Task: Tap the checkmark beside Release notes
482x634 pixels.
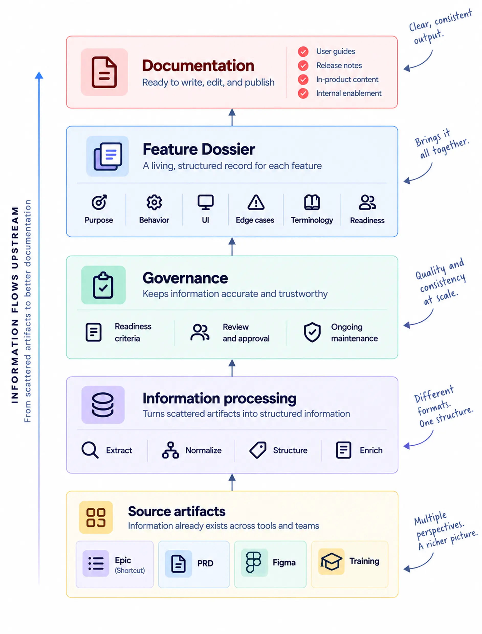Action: click(303, 66)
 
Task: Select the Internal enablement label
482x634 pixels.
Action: click(349, 93)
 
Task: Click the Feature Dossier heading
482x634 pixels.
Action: click(199, 149)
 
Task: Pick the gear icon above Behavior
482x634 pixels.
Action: click(154, 203)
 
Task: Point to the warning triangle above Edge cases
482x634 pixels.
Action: click(256, 203)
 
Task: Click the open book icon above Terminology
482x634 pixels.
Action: click(312, 203)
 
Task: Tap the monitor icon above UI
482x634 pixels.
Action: click(205, 203)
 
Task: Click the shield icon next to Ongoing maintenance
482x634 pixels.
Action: click(312, 332)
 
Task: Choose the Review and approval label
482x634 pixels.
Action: click(246, 333)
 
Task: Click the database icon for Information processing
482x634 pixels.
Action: click(103, 405)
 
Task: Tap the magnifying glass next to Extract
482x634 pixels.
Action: click(90, 450)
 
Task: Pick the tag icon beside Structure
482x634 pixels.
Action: click(258, 450)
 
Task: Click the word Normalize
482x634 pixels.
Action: click(203, 450)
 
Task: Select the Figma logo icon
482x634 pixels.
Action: click(253, 562)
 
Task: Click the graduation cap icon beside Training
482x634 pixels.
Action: click(331, 562)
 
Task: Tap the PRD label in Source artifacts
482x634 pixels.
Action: click(205, 563)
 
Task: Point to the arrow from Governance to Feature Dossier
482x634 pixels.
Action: click(232, 246)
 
